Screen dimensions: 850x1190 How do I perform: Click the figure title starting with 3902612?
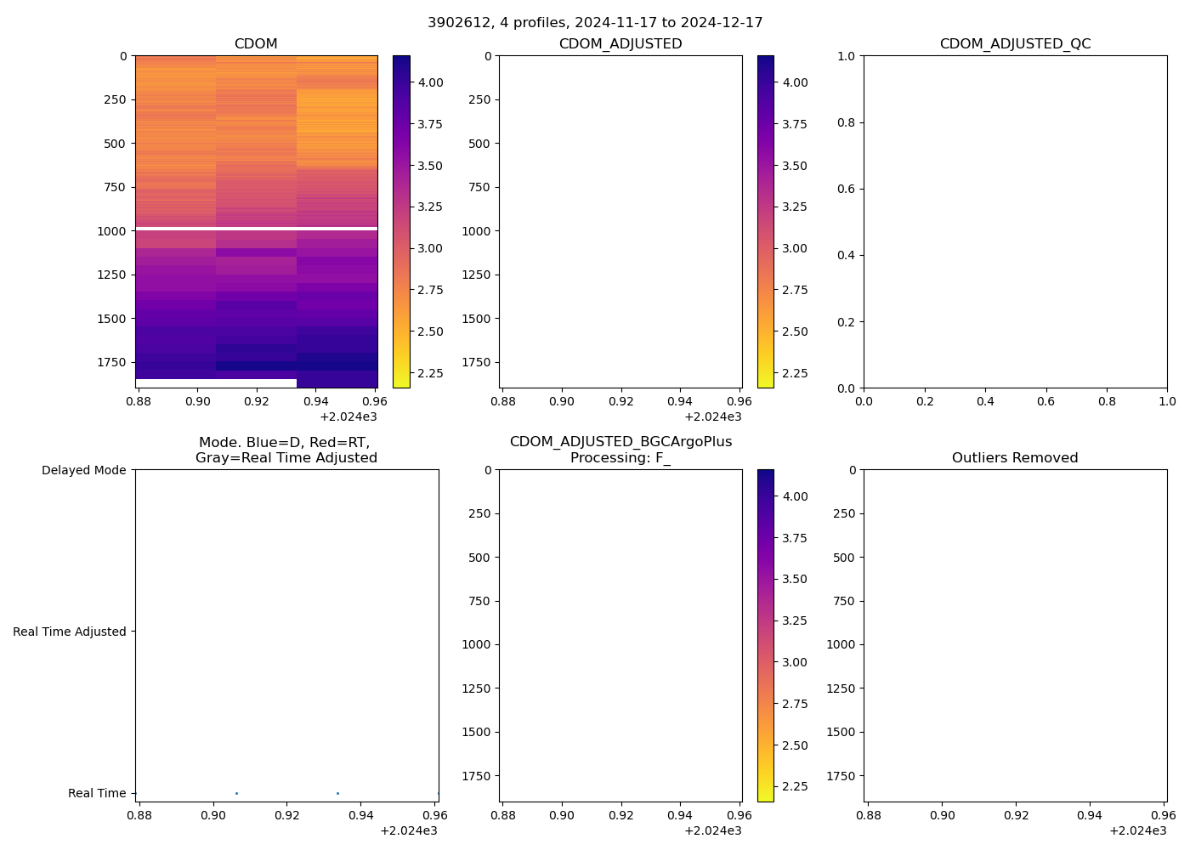(x=595, y=23)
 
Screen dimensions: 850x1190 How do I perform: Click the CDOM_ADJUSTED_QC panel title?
(x=1015, y=44)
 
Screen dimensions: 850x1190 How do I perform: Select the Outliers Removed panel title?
(x=1015, y=458)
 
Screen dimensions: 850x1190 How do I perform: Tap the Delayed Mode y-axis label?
(x=83, y=470)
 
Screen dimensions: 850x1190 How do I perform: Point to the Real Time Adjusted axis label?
(x=70, y=632)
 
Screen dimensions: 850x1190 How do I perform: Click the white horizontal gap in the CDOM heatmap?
(x=256, y=229)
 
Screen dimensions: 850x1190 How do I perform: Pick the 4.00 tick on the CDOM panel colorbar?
(x=430, y=82)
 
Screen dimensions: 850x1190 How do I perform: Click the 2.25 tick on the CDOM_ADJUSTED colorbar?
(x=795, y=373)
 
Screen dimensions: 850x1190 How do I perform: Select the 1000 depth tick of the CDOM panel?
(x=111, y=231)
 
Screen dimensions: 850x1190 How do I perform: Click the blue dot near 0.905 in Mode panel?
(x=236, y=793)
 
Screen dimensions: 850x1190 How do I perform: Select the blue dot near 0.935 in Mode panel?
(x=337, y=793)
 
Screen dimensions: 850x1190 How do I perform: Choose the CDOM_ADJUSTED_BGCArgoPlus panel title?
(x=620, y=450)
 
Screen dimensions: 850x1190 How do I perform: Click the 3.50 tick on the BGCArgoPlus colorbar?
(x=795, y=580)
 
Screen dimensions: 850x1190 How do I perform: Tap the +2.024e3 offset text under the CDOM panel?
(x=348, y=416)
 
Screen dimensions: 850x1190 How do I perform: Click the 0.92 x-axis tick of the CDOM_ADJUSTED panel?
(x=621, y=401)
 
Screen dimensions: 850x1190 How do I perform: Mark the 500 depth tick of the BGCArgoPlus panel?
(x=479, y=558)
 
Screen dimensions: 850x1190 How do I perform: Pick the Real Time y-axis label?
(x=97, y=793)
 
